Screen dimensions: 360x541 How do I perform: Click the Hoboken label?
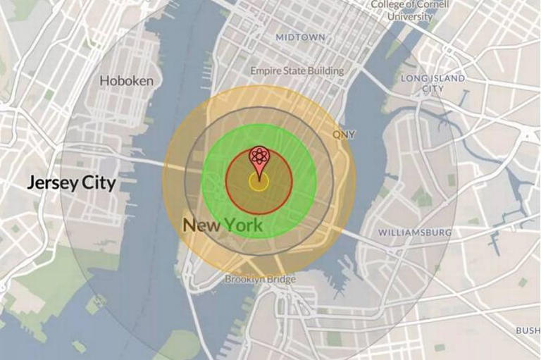coord(127,81)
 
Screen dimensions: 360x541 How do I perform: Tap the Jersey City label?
coord(71,184)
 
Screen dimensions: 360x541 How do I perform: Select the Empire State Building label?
coord(297,70)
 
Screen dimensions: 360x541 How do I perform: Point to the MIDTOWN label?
coord(301,37)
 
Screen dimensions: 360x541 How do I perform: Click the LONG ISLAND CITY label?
coord(433,84)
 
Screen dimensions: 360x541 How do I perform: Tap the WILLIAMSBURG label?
coord(415,232)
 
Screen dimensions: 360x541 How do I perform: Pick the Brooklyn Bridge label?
coord(261,280)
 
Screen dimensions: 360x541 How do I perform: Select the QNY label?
coord(344,135)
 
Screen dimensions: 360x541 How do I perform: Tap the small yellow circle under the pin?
coord(259,182)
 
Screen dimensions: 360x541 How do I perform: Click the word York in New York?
coord(242,225)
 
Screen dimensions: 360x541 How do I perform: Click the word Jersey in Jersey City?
coord(51,184)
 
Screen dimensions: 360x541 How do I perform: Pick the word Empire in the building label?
coord(266,70)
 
